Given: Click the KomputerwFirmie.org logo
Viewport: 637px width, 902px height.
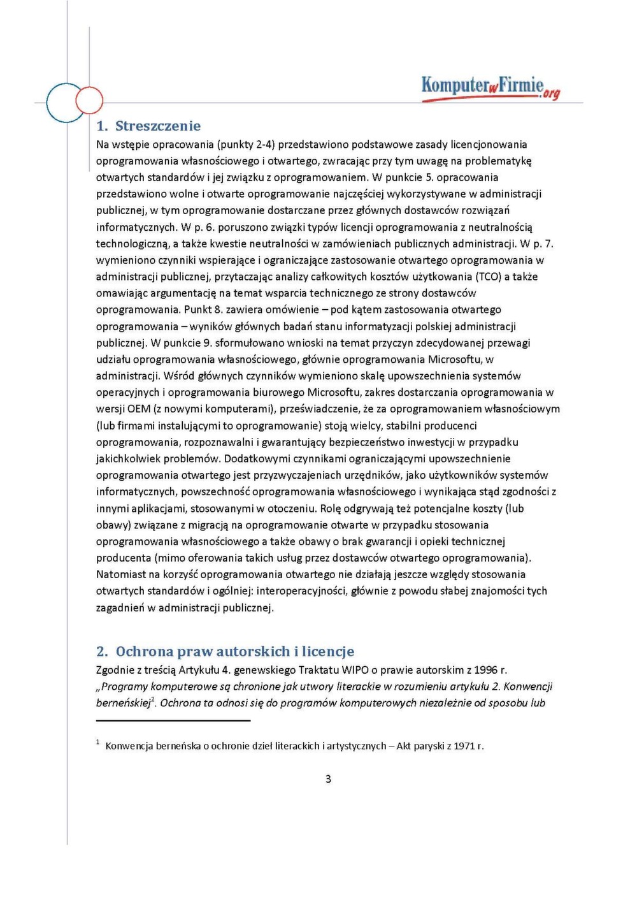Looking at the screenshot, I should (x=490, y=87).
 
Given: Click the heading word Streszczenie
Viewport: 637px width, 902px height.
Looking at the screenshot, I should (x=158, y=126).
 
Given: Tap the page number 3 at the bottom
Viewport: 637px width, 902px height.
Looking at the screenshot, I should (x=328, y=779).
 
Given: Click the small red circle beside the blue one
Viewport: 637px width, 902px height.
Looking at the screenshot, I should (x=89, y=100).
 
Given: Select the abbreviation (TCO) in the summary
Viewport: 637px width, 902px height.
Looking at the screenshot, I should (x=488, y=277).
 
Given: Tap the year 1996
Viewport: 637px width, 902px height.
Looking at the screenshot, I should (x=486, y=670).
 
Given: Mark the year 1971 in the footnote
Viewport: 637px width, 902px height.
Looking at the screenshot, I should (x=464, y=746).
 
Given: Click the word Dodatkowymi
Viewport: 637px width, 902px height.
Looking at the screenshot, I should (x=255, y=459).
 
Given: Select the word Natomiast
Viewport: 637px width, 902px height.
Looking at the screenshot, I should (x=121, y=574).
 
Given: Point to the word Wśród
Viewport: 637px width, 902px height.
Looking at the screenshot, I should (x=177, y=376).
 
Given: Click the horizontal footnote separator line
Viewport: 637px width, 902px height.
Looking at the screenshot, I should (x=173, y=721).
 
